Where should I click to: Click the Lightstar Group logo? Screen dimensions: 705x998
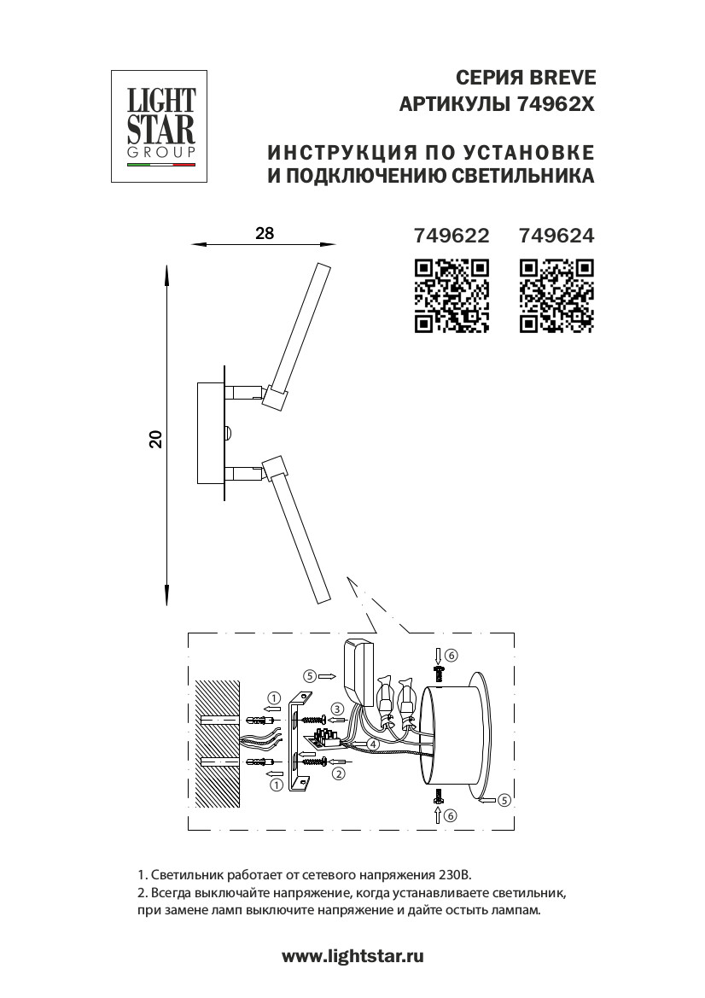[159, 126]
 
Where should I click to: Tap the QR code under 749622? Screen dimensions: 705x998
[452, 296]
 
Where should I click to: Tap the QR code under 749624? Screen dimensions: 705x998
[556, 296]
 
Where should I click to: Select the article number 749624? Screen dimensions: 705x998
[556, 236]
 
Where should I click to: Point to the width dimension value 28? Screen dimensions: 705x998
[265, 233]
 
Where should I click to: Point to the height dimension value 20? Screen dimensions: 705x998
[156, 439]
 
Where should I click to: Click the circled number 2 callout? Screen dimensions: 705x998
[339, 774]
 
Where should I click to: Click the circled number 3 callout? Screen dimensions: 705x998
[337, 709]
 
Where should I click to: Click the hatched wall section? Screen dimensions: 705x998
[218, 744]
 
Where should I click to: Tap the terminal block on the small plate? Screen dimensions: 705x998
[329, 738]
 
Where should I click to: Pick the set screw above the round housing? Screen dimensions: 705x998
[438, 673]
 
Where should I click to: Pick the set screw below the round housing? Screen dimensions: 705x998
[438, 796]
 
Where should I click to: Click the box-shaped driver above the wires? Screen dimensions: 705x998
[358, 673]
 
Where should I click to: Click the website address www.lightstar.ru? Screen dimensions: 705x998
[352, 956]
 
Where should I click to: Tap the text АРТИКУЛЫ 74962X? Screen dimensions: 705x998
[497, 104]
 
